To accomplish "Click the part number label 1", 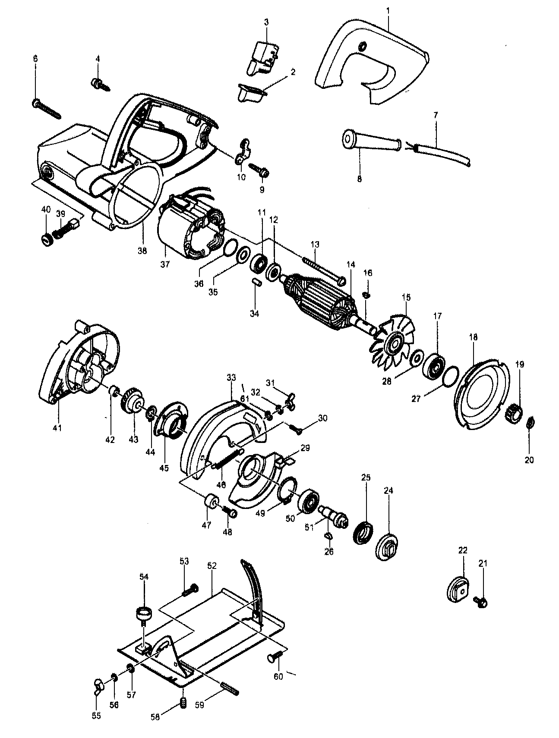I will coord(388,8).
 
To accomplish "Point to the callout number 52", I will coord(212,565).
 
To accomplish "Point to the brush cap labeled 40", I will coord(46,239).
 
